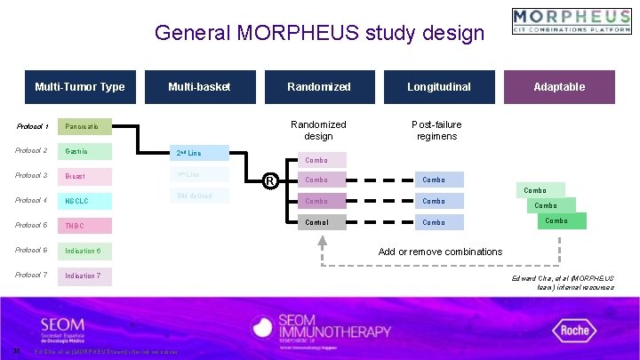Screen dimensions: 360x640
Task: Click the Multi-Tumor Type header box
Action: click(x=80, y=87)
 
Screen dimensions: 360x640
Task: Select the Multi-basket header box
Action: click(x=199, y=87)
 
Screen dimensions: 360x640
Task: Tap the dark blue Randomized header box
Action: click(x=318, y=87)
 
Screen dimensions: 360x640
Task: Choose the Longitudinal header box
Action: click(x=438, y=87)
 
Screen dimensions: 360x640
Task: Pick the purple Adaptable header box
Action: click(x=559, y=87)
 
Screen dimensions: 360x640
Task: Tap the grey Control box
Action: click(x=317, y=222)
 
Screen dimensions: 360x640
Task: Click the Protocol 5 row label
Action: click(x=31, y=226)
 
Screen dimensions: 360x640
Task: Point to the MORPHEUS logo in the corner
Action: click(x=572, y=21)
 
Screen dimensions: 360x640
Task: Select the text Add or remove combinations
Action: click(x=440, y=252)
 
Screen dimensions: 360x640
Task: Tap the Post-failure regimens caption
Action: click(x=436, y=130)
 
